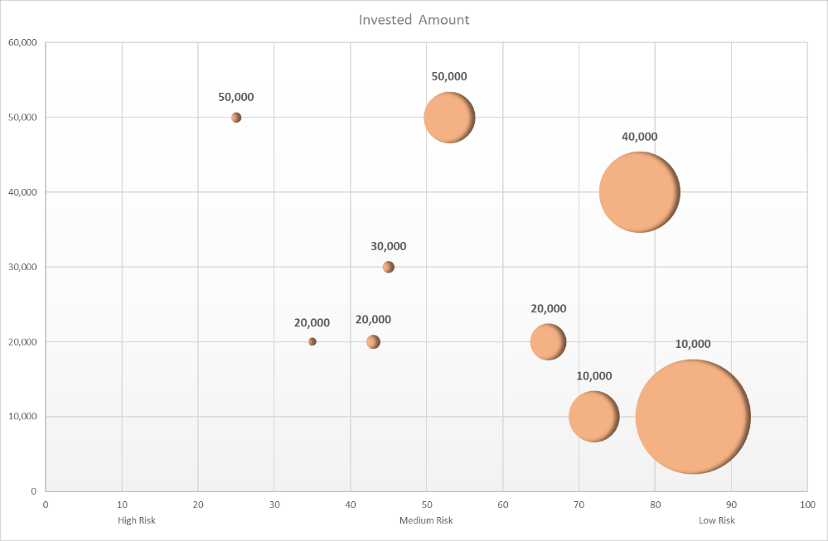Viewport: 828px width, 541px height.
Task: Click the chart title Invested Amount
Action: coord(414,19)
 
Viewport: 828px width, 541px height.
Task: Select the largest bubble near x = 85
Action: coord(693,417)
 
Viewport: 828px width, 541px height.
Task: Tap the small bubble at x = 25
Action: coord(236,118)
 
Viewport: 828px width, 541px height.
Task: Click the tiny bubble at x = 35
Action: coord(312,341)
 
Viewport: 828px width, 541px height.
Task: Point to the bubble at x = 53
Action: coord(449,118)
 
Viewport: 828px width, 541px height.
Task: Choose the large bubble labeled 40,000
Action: coord(639,192)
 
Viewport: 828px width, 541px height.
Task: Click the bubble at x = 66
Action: coord(548,341)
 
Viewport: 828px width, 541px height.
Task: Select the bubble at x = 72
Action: coord(593,416)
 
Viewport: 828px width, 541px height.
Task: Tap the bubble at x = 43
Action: coord(373,341)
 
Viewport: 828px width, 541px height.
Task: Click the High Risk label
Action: coord(137,520)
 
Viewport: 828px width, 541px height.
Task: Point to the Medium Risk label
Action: coord(426,520)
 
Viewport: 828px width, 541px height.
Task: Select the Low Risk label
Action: coord(716,520)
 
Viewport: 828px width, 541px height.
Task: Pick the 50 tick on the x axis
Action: coord(426,504)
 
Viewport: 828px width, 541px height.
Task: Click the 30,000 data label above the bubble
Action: coord(388,246)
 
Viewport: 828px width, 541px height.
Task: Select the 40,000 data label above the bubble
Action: coord(639,137)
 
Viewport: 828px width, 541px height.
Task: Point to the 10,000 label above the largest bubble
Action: coord(693,344)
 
